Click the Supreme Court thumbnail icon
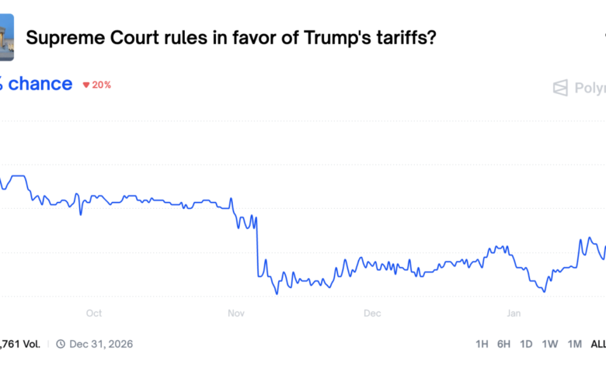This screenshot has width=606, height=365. [6, 42]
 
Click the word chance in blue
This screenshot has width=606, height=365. [40, 84]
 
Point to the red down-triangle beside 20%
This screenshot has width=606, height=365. [86, 85]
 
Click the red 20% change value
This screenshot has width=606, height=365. [101, 85]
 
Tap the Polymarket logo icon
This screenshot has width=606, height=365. [560, 88]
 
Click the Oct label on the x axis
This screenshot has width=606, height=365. [93, 314]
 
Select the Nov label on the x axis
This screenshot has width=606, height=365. [236, 314]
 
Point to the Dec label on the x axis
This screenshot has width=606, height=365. [372, 314]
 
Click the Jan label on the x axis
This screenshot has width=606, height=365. [514, 314]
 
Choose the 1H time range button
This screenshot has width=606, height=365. [482, 343]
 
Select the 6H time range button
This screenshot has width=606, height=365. [504, 343]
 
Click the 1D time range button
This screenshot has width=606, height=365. [527, 343]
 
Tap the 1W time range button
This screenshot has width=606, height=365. [550, 343]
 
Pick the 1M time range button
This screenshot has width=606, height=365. [575, 343]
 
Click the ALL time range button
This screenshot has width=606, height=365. [597, 343]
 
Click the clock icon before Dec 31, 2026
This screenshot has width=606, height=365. [61, 343]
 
